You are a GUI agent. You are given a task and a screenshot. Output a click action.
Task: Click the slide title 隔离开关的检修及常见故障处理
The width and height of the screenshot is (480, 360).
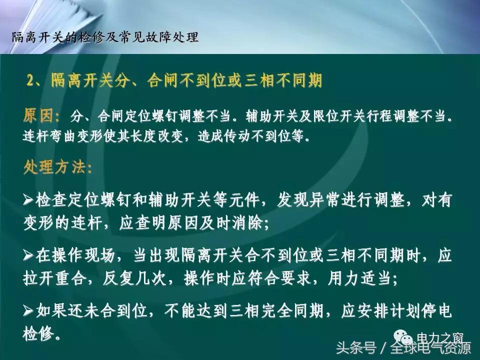pos(105,37)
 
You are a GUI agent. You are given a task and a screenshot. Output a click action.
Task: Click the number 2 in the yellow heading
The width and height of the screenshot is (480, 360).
pos(31,81)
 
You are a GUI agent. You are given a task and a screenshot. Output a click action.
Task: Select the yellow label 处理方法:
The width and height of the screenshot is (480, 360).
pos(57,167)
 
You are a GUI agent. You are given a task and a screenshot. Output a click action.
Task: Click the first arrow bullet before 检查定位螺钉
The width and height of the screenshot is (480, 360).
pos(29,200)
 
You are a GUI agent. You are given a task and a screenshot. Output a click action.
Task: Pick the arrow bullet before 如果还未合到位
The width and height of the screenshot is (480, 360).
pos(29,310)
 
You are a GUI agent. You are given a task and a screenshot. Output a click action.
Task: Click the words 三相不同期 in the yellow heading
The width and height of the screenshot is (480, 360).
pos(290,81)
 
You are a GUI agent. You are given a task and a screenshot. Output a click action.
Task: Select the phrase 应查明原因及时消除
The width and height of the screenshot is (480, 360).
pos(190,223)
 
